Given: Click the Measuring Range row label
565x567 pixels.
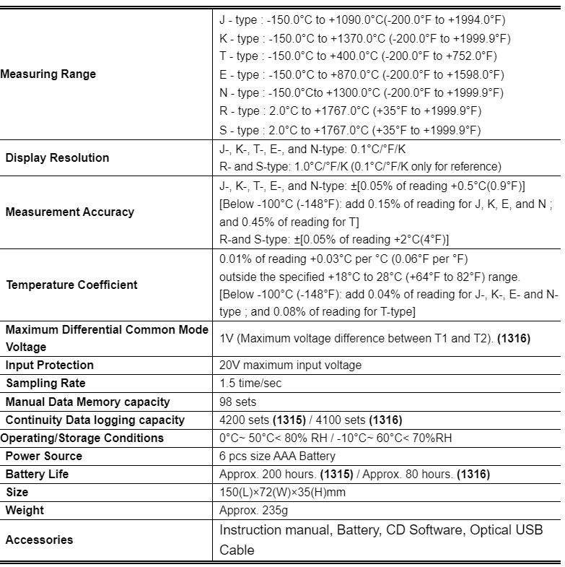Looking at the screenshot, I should [48, 74].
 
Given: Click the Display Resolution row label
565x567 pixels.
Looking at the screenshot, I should [58, 157].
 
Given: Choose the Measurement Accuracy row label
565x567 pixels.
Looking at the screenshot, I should [69, 212].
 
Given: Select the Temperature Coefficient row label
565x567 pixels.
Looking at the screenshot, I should [71, 285].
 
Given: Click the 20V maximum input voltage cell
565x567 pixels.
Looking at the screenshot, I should [290, 365].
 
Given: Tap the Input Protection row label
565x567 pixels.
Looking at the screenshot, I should [50, 365].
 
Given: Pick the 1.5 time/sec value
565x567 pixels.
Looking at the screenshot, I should [250, 384].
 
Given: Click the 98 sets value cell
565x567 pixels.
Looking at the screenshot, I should [237, 402].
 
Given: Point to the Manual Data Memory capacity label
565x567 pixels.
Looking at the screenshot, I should [88, 402].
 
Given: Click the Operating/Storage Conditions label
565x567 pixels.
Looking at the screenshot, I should [82, 438].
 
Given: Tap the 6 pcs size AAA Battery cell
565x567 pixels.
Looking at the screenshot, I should [277, 456].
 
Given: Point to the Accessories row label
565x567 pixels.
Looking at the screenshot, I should [40, 540].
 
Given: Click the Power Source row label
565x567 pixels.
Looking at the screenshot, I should [44, 456].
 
